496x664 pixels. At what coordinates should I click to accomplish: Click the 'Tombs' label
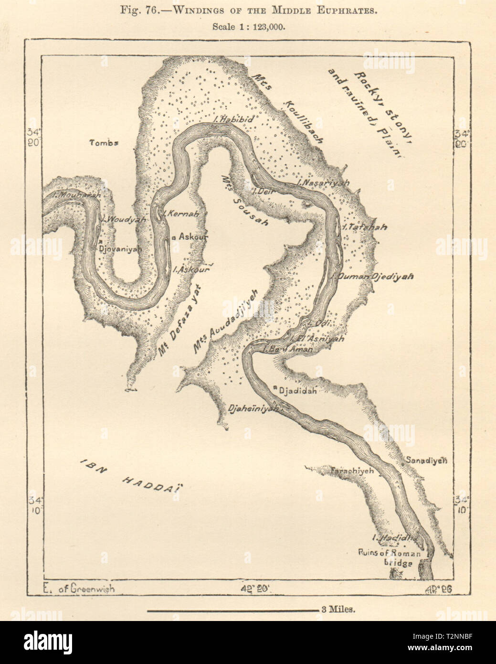coord(104,142)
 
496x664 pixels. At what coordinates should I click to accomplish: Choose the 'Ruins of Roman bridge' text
coord(390,558)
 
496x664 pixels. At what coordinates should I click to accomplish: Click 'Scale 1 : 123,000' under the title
coord(248,27)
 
